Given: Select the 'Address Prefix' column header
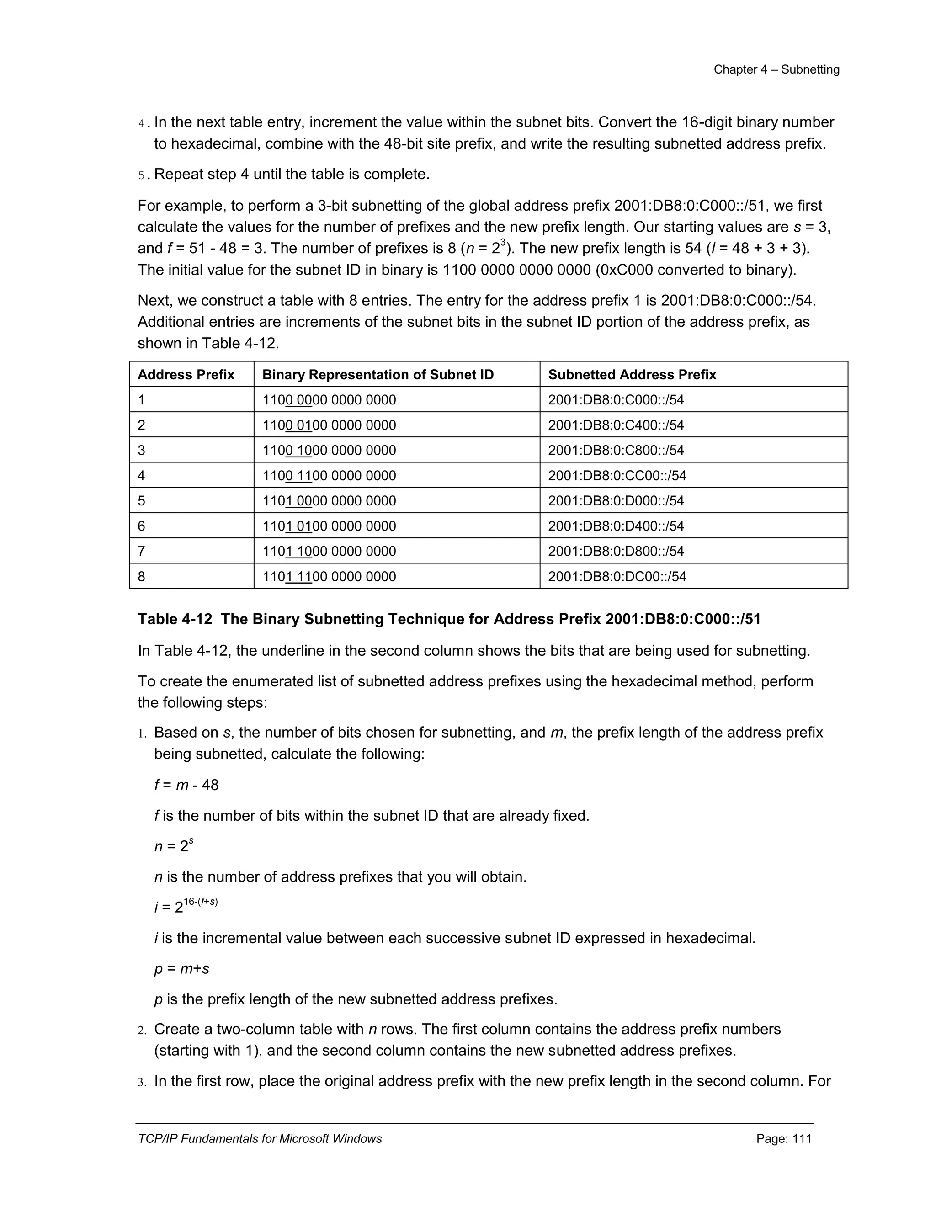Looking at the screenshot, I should (186, 375).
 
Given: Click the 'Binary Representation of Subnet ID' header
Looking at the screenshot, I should (378, 375).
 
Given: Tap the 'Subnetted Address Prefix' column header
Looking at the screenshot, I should (632, 375).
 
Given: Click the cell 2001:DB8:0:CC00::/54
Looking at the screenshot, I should (617, 476).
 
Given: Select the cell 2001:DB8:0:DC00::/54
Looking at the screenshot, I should (617, 577).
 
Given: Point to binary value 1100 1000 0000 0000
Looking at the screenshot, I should (329, 450).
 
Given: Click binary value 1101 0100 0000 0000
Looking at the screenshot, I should (329, 526).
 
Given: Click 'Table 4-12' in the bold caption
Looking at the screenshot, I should (175, 619).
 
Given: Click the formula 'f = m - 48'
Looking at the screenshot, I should (186, 785).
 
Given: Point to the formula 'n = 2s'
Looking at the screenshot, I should (173, 845).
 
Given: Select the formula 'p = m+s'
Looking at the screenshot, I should (181, 969).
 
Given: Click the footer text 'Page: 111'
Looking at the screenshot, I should (783, 1139).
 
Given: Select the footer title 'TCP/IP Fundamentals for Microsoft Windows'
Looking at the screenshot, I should (260, 1139).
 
